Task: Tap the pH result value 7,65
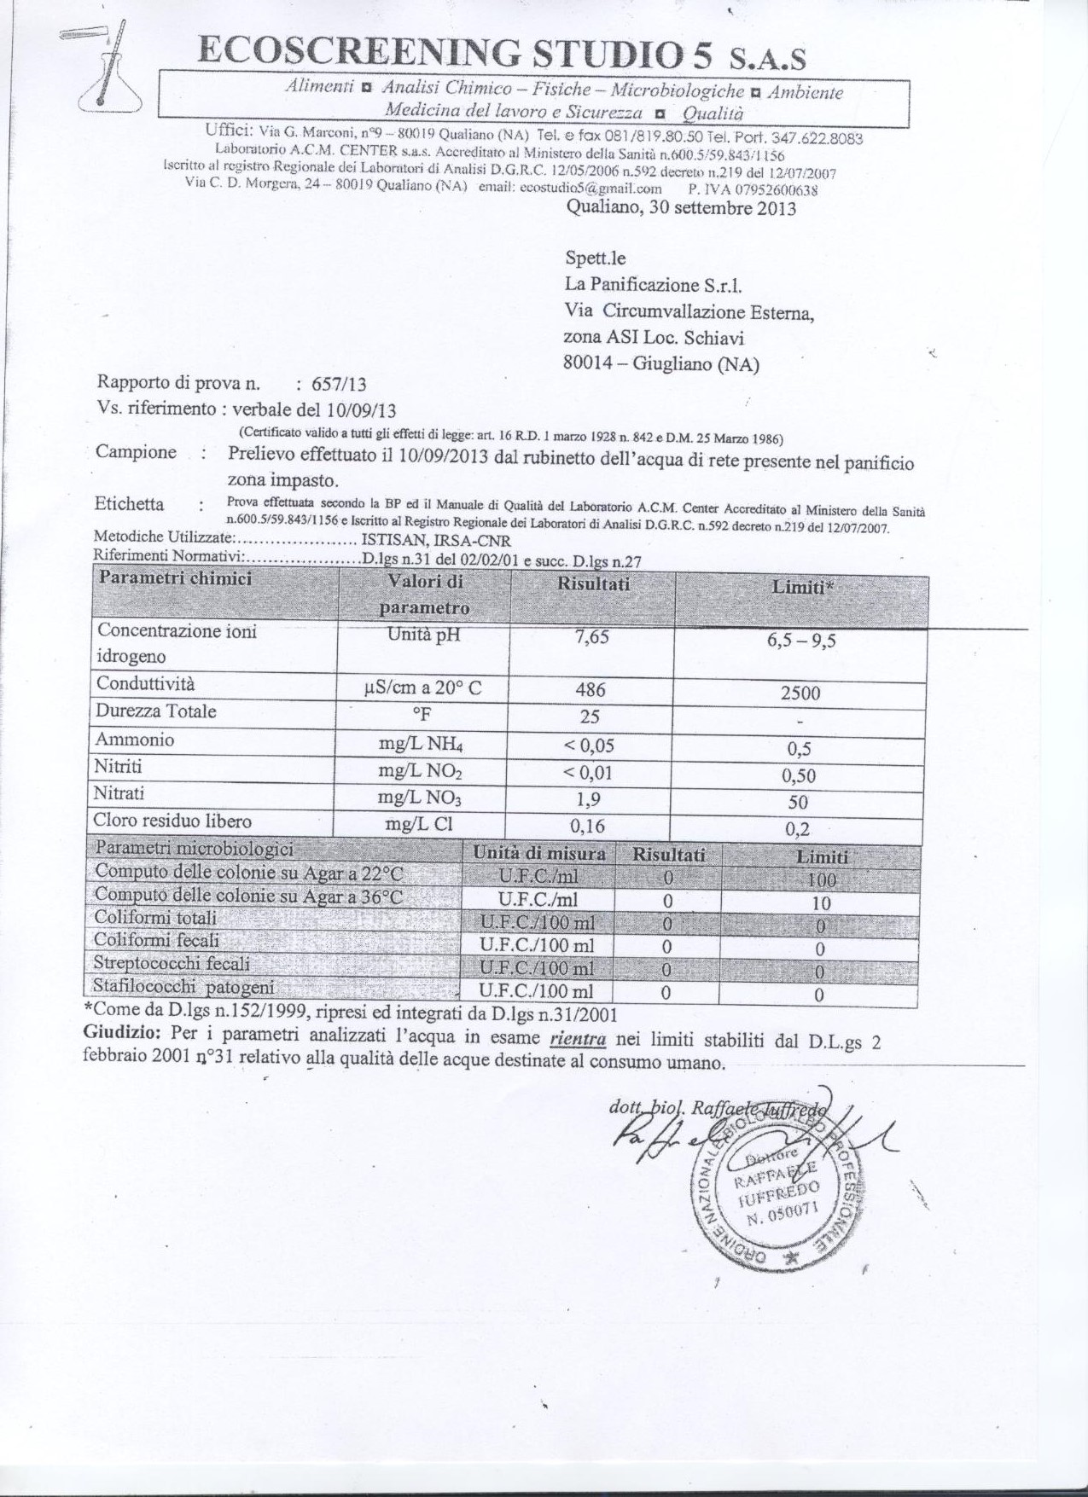coord(592,636)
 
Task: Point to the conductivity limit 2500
coord(800,693)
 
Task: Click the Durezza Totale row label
coord(156,711)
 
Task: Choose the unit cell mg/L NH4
coord(421,745)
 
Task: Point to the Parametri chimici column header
coord(175,578)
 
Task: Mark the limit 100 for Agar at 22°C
coord(820,879)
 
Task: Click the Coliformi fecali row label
coord(156,940)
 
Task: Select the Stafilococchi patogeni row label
coord(184,988)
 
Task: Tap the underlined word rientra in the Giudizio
coord(578,1039)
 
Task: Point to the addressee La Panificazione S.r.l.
coord(648,285)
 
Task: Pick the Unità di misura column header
coord(539,853)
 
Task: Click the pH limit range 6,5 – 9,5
coord(800,641)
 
